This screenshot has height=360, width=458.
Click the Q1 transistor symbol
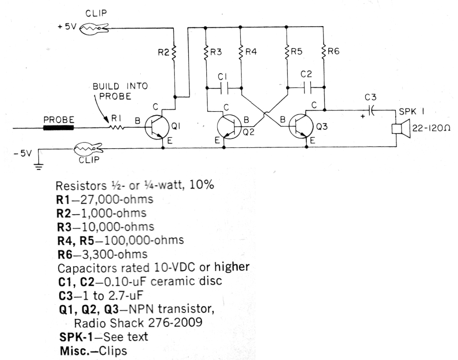click(157, 127)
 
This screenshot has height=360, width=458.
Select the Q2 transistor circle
click(229, 127)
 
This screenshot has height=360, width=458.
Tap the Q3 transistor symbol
click(301, 127)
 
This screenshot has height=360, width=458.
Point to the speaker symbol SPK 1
click(401, 128)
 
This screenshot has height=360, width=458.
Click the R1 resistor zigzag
click(117, 127)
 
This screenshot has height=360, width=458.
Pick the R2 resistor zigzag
click(174, 53)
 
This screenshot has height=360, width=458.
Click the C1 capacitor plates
click(224, 88)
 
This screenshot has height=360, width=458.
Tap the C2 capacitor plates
click(307, 87)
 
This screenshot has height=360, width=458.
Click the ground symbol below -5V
click(38, 167)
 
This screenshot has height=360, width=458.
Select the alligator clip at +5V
click(94, 29)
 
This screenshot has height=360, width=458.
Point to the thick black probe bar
click(59, 128)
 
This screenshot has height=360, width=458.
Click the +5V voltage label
click(67, 27)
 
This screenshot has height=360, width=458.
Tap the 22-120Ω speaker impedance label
click(431, 128)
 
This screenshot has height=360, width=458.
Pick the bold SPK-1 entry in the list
click(76, 337)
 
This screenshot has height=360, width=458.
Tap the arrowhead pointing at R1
click(107, 121)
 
